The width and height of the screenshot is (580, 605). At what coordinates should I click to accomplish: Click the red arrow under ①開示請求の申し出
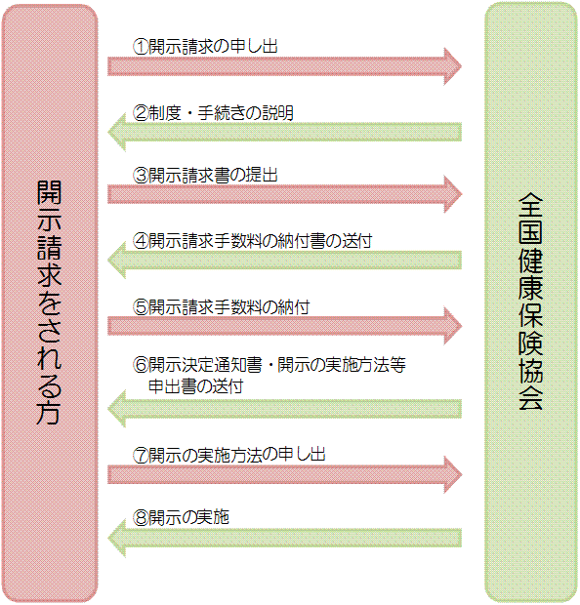coord(283,65)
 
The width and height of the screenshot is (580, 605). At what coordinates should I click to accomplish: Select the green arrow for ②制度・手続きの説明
coord(283,131)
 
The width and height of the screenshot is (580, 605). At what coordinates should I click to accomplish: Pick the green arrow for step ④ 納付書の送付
coord(283,260)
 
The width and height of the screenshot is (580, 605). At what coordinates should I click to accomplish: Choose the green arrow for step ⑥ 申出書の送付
coord(283,407)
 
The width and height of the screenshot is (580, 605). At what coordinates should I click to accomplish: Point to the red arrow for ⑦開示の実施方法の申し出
coord(283,474)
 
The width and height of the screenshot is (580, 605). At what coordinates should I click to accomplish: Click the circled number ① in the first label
coord(141,45)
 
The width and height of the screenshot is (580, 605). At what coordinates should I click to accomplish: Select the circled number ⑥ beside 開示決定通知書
coord(141,367)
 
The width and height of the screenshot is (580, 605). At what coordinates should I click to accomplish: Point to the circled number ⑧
coord(141,517)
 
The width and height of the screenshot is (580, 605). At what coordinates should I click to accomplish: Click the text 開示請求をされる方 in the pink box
coord(50,302)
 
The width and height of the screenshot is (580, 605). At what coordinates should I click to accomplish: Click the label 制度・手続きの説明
coord(221,112)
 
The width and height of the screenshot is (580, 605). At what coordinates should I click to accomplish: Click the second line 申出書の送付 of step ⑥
coord(195,385)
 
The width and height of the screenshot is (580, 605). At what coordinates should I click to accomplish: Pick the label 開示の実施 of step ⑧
coord(188,517)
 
